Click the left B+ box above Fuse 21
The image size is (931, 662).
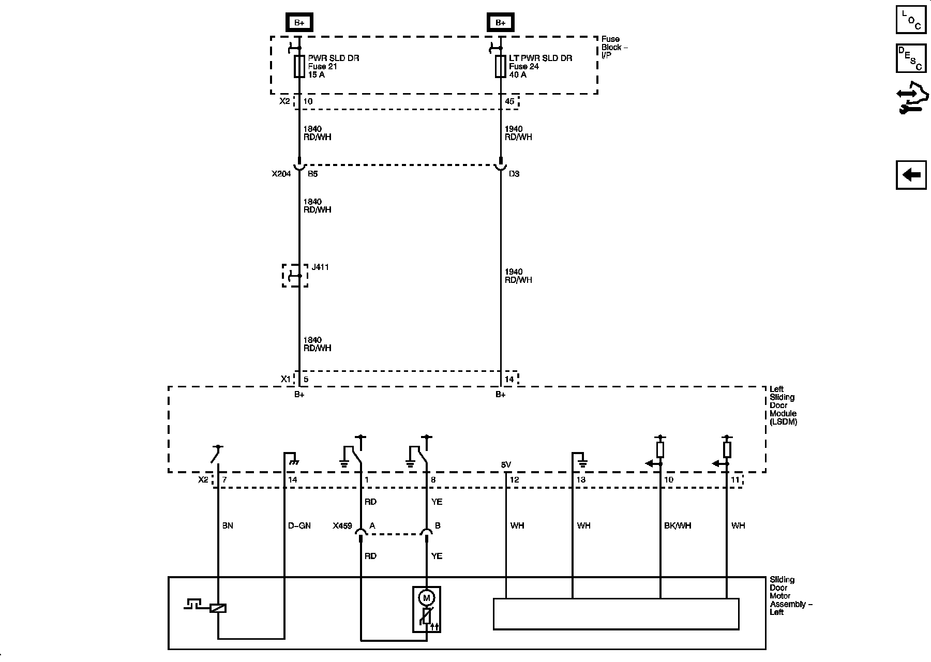[299, 22]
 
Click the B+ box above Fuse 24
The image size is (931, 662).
[500, 22]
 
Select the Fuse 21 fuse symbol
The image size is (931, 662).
[299, 67]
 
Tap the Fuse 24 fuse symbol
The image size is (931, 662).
[500, 67]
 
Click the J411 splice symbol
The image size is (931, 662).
[295, 275]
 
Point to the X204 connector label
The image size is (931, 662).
[281, 174]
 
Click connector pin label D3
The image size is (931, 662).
[514, 174]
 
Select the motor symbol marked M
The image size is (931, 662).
[427, 598]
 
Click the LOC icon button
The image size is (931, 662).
[911, 20]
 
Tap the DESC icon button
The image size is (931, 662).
[911, 58]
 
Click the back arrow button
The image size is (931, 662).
[911, 175]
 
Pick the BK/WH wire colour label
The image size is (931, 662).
[678, 525]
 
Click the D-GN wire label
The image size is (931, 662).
[299, 525]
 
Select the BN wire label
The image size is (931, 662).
[228, 525]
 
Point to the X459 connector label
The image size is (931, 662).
[342, 526]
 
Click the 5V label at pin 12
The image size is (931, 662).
[506, 465]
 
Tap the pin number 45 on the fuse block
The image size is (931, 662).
[509, 101]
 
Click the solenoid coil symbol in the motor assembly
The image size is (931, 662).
[218, 608]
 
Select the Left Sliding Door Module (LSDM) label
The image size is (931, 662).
[783, 405]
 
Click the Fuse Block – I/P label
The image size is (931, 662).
[614, 47]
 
